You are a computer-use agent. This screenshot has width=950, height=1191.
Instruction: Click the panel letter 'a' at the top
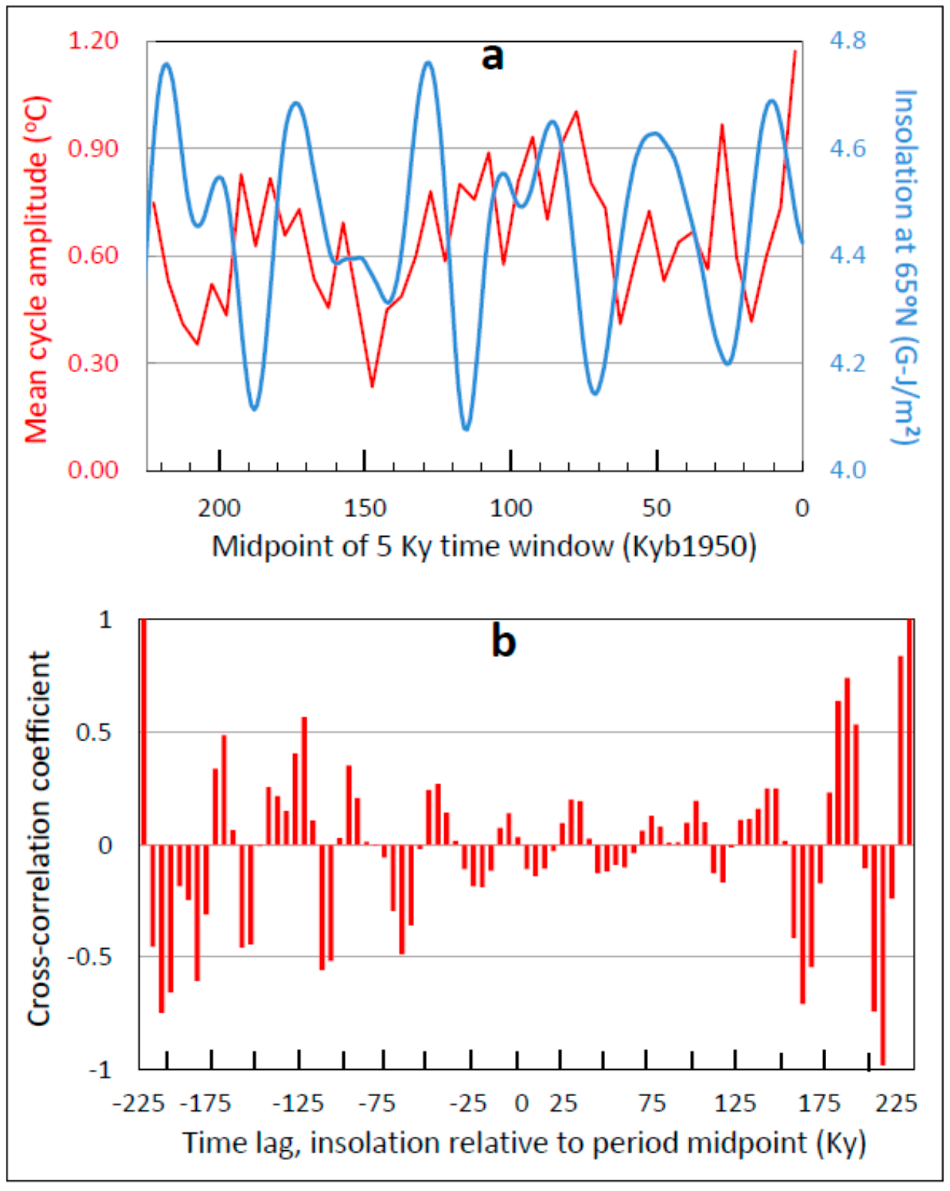pyautogui.click(x=492, y=57)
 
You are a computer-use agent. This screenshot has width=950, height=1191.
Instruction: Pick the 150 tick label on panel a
pyautogui.click(x=365, y=508)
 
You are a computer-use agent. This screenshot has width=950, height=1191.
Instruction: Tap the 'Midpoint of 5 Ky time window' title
pyautogui.click(x=484, y=546)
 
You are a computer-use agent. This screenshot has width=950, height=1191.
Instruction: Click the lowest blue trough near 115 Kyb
pyautogui.click(x=466, y=429)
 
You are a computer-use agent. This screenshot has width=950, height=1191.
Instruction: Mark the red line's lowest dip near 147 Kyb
pyautogui.click(x=372, y=386)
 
